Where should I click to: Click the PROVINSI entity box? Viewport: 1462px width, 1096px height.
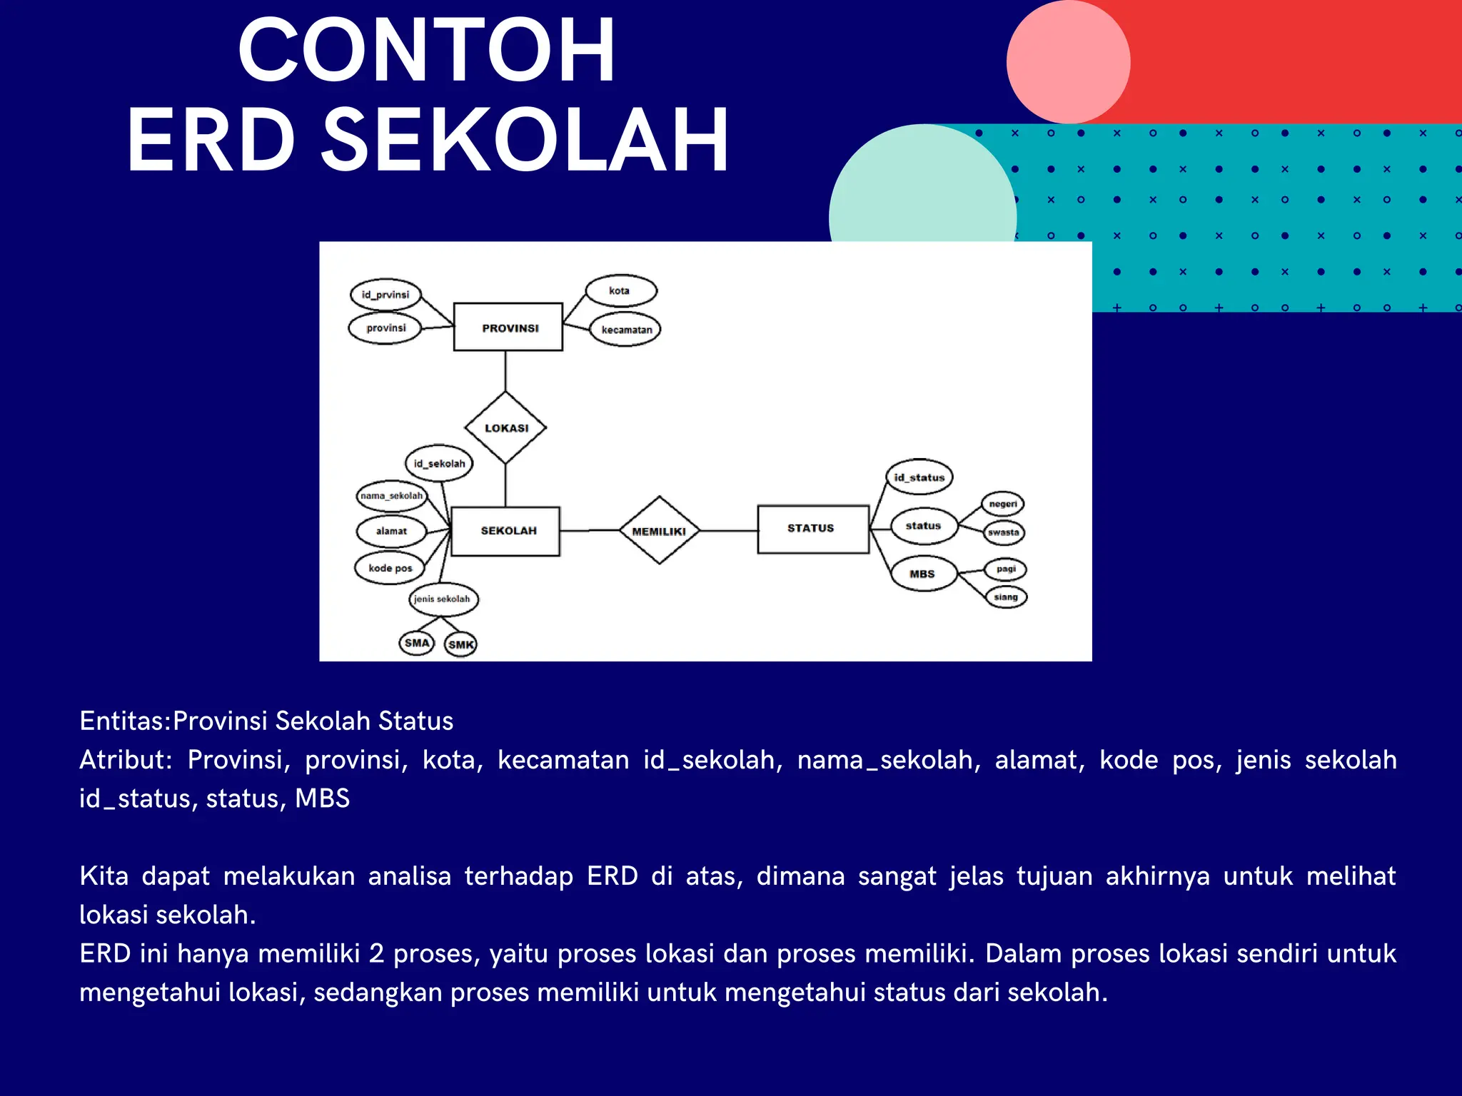click(x=508, y=328)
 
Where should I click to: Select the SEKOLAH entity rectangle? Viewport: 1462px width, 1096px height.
click(x=506, y=531)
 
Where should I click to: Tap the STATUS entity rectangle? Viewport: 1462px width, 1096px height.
click(x=812, y=529)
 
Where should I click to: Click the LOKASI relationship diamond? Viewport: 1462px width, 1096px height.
click(x=505, y=428)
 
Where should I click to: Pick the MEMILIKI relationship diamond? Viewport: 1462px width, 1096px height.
click(x=659, y=531)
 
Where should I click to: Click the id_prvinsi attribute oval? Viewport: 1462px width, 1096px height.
click(x=385, y=295)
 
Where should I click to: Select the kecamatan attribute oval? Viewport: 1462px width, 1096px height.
click(x=626, y=330)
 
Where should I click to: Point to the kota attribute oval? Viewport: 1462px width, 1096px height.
click(x=620, y=290)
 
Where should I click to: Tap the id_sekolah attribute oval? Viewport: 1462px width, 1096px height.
click(x=439, y=464)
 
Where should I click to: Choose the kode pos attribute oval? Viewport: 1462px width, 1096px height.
click(x=390, y=568)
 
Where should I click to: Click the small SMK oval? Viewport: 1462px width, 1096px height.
click(x=460, y=644)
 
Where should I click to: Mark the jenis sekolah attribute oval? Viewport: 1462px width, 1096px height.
click(x=443, y=599)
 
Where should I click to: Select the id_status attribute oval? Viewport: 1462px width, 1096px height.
click(x=919, y=477)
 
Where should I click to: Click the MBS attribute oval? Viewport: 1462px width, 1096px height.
click(x=923, y=574)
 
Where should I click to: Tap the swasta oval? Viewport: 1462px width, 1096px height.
click(x=1004, y=532)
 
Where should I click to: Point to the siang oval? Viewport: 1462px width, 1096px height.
click(x=1006, y=597)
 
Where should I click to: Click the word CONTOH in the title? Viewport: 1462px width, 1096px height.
click(x=426, y=51)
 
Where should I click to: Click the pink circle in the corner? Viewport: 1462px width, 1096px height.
click(x=1068, y=62)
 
